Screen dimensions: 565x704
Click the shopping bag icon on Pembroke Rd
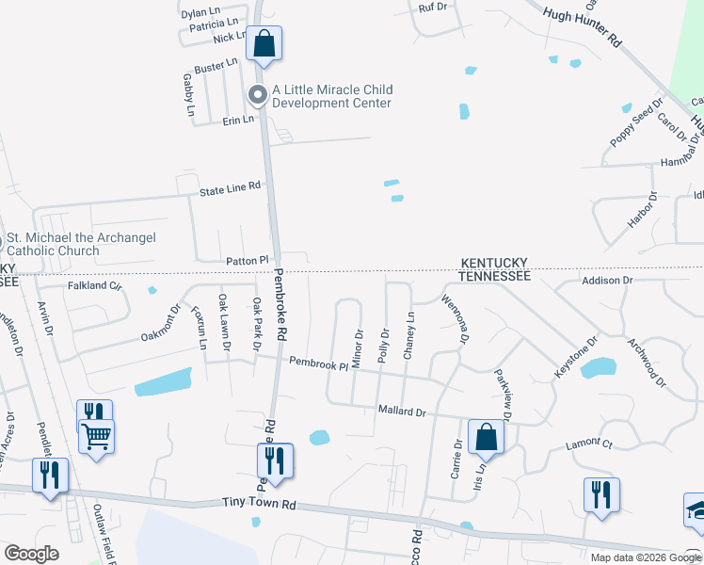[264, 43]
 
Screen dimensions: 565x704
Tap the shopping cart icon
[96, 437]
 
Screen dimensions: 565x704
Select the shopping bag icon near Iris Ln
[486, 437]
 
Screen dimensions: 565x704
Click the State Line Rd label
[229, 188]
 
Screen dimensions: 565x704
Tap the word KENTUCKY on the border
[493, 263]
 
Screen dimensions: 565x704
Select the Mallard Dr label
[402, 412]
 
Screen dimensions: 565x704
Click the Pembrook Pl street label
[318, 362]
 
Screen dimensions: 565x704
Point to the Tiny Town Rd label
[258, 505]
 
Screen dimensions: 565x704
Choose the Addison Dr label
[607, 281]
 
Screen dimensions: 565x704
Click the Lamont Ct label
[589, 443]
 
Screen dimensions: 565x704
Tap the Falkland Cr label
[94, 285]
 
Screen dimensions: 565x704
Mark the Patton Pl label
[247, 260]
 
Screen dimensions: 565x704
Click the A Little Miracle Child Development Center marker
[257, 94]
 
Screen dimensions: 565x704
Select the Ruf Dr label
[432, 8]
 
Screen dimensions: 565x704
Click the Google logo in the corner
[31, 553]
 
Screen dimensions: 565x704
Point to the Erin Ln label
[238, 121]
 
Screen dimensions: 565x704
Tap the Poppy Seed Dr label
[636, 123]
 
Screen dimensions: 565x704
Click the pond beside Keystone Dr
[598, 367]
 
